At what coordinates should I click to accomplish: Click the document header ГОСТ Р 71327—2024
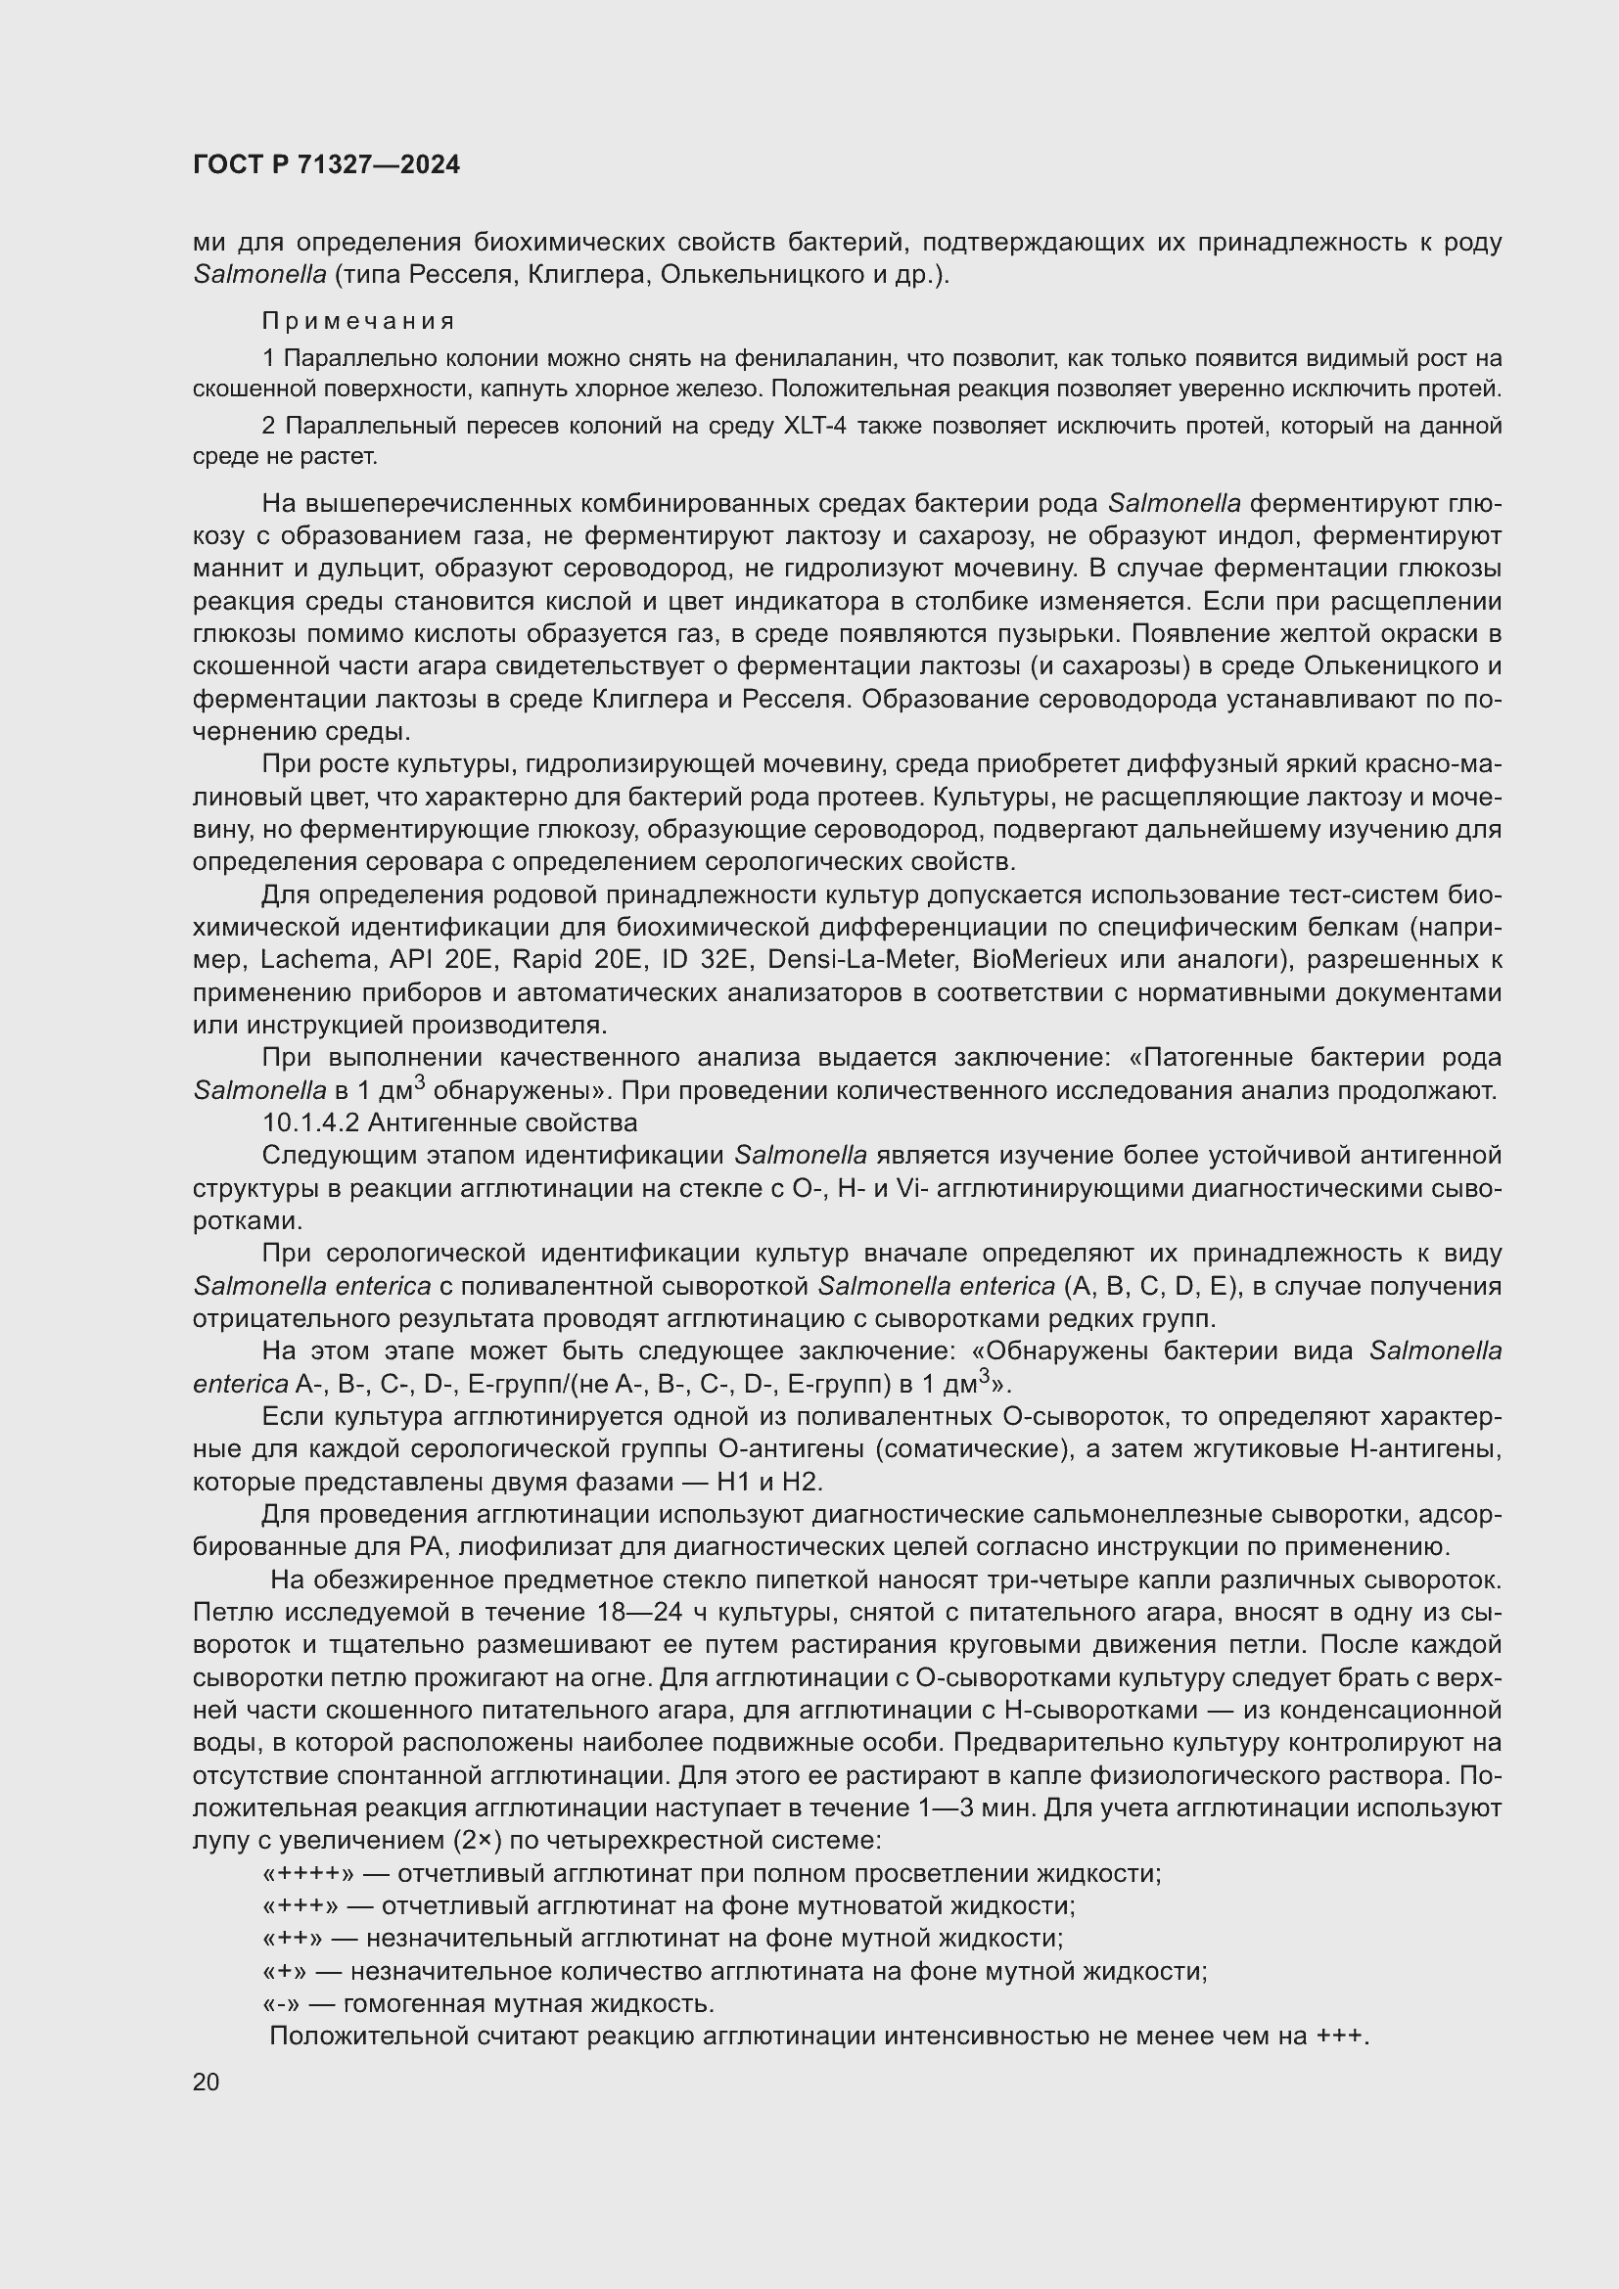(x=326, y=165)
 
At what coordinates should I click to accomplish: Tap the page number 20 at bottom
(x=207, y=2082)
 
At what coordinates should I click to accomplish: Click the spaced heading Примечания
(x=358, y=321)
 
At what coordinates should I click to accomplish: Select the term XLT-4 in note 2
(x=820, y=427)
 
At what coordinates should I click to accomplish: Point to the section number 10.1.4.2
(x=310, y=1122)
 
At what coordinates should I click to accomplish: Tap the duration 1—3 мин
(x=958, y=1808)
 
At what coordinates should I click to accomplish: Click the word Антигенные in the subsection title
(x=442, y=1122)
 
